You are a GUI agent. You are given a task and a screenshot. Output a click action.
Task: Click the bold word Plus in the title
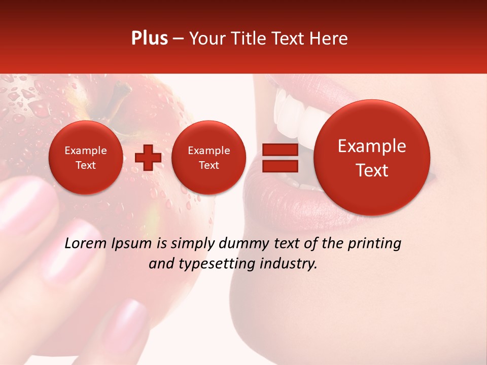coord(149,39)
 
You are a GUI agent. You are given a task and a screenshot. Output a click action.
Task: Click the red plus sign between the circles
coord(148,158)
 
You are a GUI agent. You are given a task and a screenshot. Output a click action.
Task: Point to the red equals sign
coord(280,158)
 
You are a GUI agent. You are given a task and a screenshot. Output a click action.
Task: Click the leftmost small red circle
coord(85,158)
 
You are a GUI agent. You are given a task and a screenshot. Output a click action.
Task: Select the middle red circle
coord(208,158)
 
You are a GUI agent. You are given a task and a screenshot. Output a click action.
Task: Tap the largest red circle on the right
coord(372,158)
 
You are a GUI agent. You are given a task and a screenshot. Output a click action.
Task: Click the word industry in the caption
coord(295,264)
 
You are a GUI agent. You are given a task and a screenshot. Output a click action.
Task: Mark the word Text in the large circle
coord(372,170)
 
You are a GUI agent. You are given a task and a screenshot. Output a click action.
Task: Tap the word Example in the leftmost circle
coord(85,151)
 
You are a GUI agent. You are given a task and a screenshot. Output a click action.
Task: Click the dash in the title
coord(178,39)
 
